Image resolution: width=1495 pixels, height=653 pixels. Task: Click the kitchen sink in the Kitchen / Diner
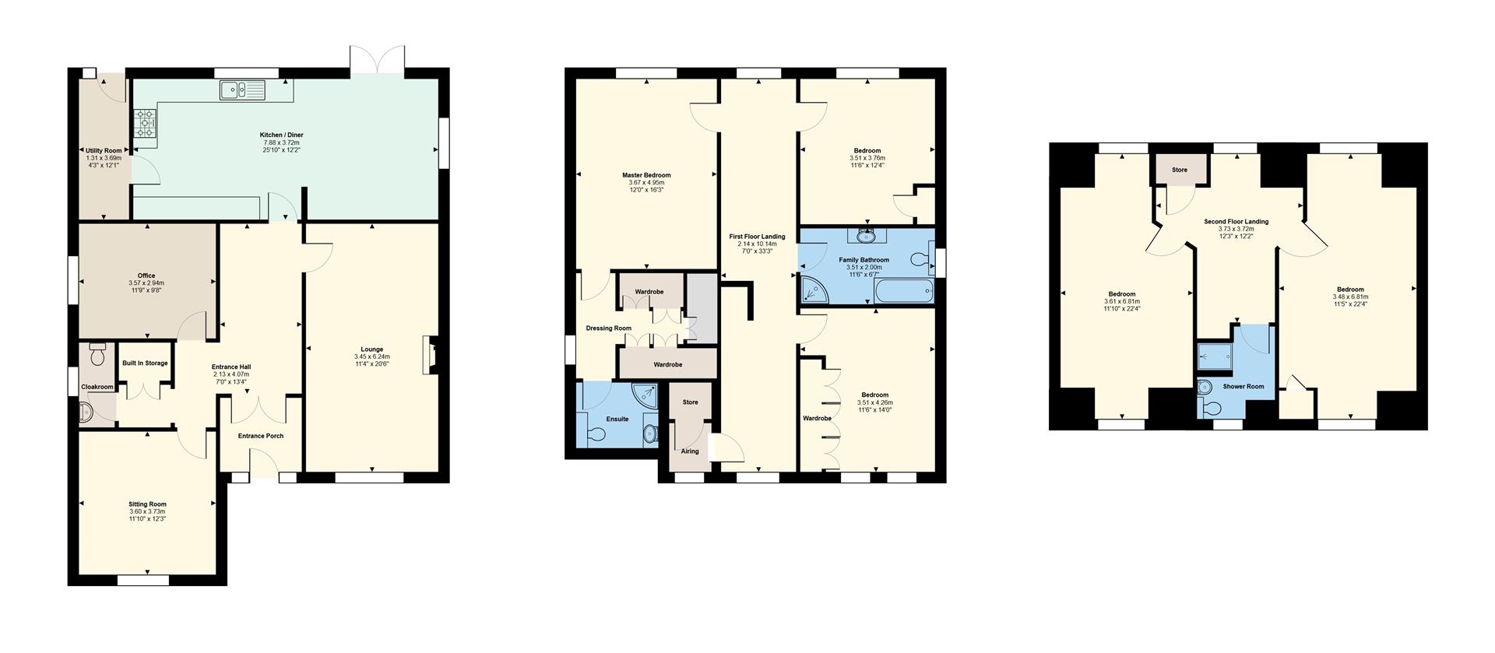click(x=243, y=90)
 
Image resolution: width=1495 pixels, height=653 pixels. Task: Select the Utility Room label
click(x=104, y=150)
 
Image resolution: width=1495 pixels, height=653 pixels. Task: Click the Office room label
click(x=146, y=276)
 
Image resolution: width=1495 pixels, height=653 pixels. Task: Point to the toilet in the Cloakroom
click(x=97, y=354)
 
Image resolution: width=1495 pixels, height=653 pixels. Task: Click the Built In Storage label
click(x=145, y=363)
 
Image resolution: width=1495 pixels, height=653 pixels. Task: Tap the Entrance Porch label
click(x=261, y=436)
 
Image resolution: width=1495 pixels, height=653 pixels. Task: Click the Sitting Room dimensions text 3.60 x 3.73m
click(x=147, y=511)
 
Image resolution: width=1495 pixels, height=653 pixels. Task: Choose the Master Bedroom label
click(x=646, y=175)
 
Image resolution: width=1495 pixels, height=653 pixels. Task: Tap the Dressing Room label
click(x=609, y=328)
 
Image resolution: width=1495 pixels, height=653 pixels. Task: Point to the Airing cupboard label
click(x=690, y=451)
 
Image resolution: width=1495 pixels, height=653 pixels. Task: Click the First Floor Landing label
click(x=757, y=237)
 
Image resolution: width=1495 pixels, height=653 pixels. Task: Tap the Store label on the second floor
click(x=1180, y=170)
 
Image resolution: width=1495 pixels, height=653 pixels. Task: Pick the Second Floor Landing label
click(x=1236, y=222)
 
